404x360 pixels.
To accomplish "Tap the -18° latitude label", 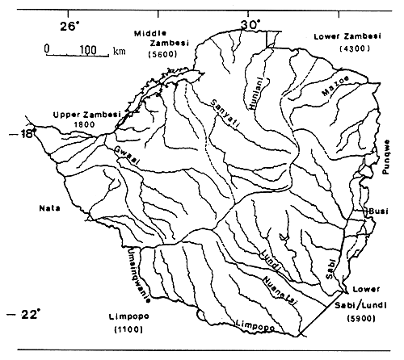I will click(25, 135).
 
